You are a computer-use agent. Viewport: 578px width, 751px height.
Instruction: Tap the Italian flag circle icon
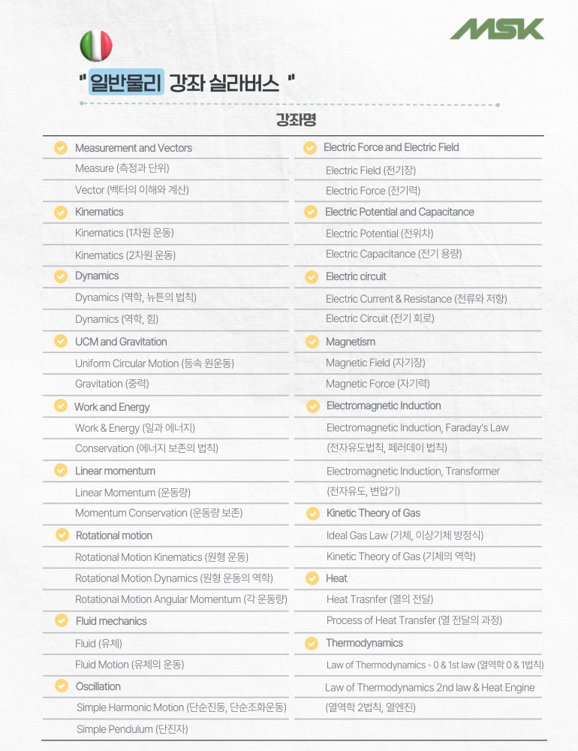96,46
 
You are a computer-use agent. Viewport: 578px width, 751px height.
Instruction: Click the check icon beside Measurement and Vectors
61,148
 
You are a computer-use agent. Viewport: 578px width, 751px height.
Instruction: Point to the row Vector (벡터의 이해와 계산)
131,190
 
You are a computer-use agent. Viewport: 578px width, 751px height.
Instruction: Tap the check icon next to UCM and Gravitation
61,342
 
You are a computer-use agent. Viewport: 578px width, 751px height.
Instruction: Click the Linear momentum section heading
115,471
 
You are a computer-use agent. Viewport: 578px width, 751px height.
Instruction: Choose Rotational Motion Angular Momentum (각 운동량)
181,599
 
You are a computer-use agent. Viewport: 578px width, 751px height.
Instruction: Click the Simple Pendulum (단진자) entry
132,729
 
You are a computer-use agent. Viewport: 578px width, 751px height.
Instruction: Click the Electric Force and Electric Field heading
391,147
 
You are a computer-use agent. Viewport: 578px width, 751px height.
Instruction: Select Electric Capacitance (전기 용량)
393,254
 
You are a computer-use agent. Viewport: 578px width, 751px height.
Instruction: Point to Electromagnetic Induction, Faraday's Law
417,427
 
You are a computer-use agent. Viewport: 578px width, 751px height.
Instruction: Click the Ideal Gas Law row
405,535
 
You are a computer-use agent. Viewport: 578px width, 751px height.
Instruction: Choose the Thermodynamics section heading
364,643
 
